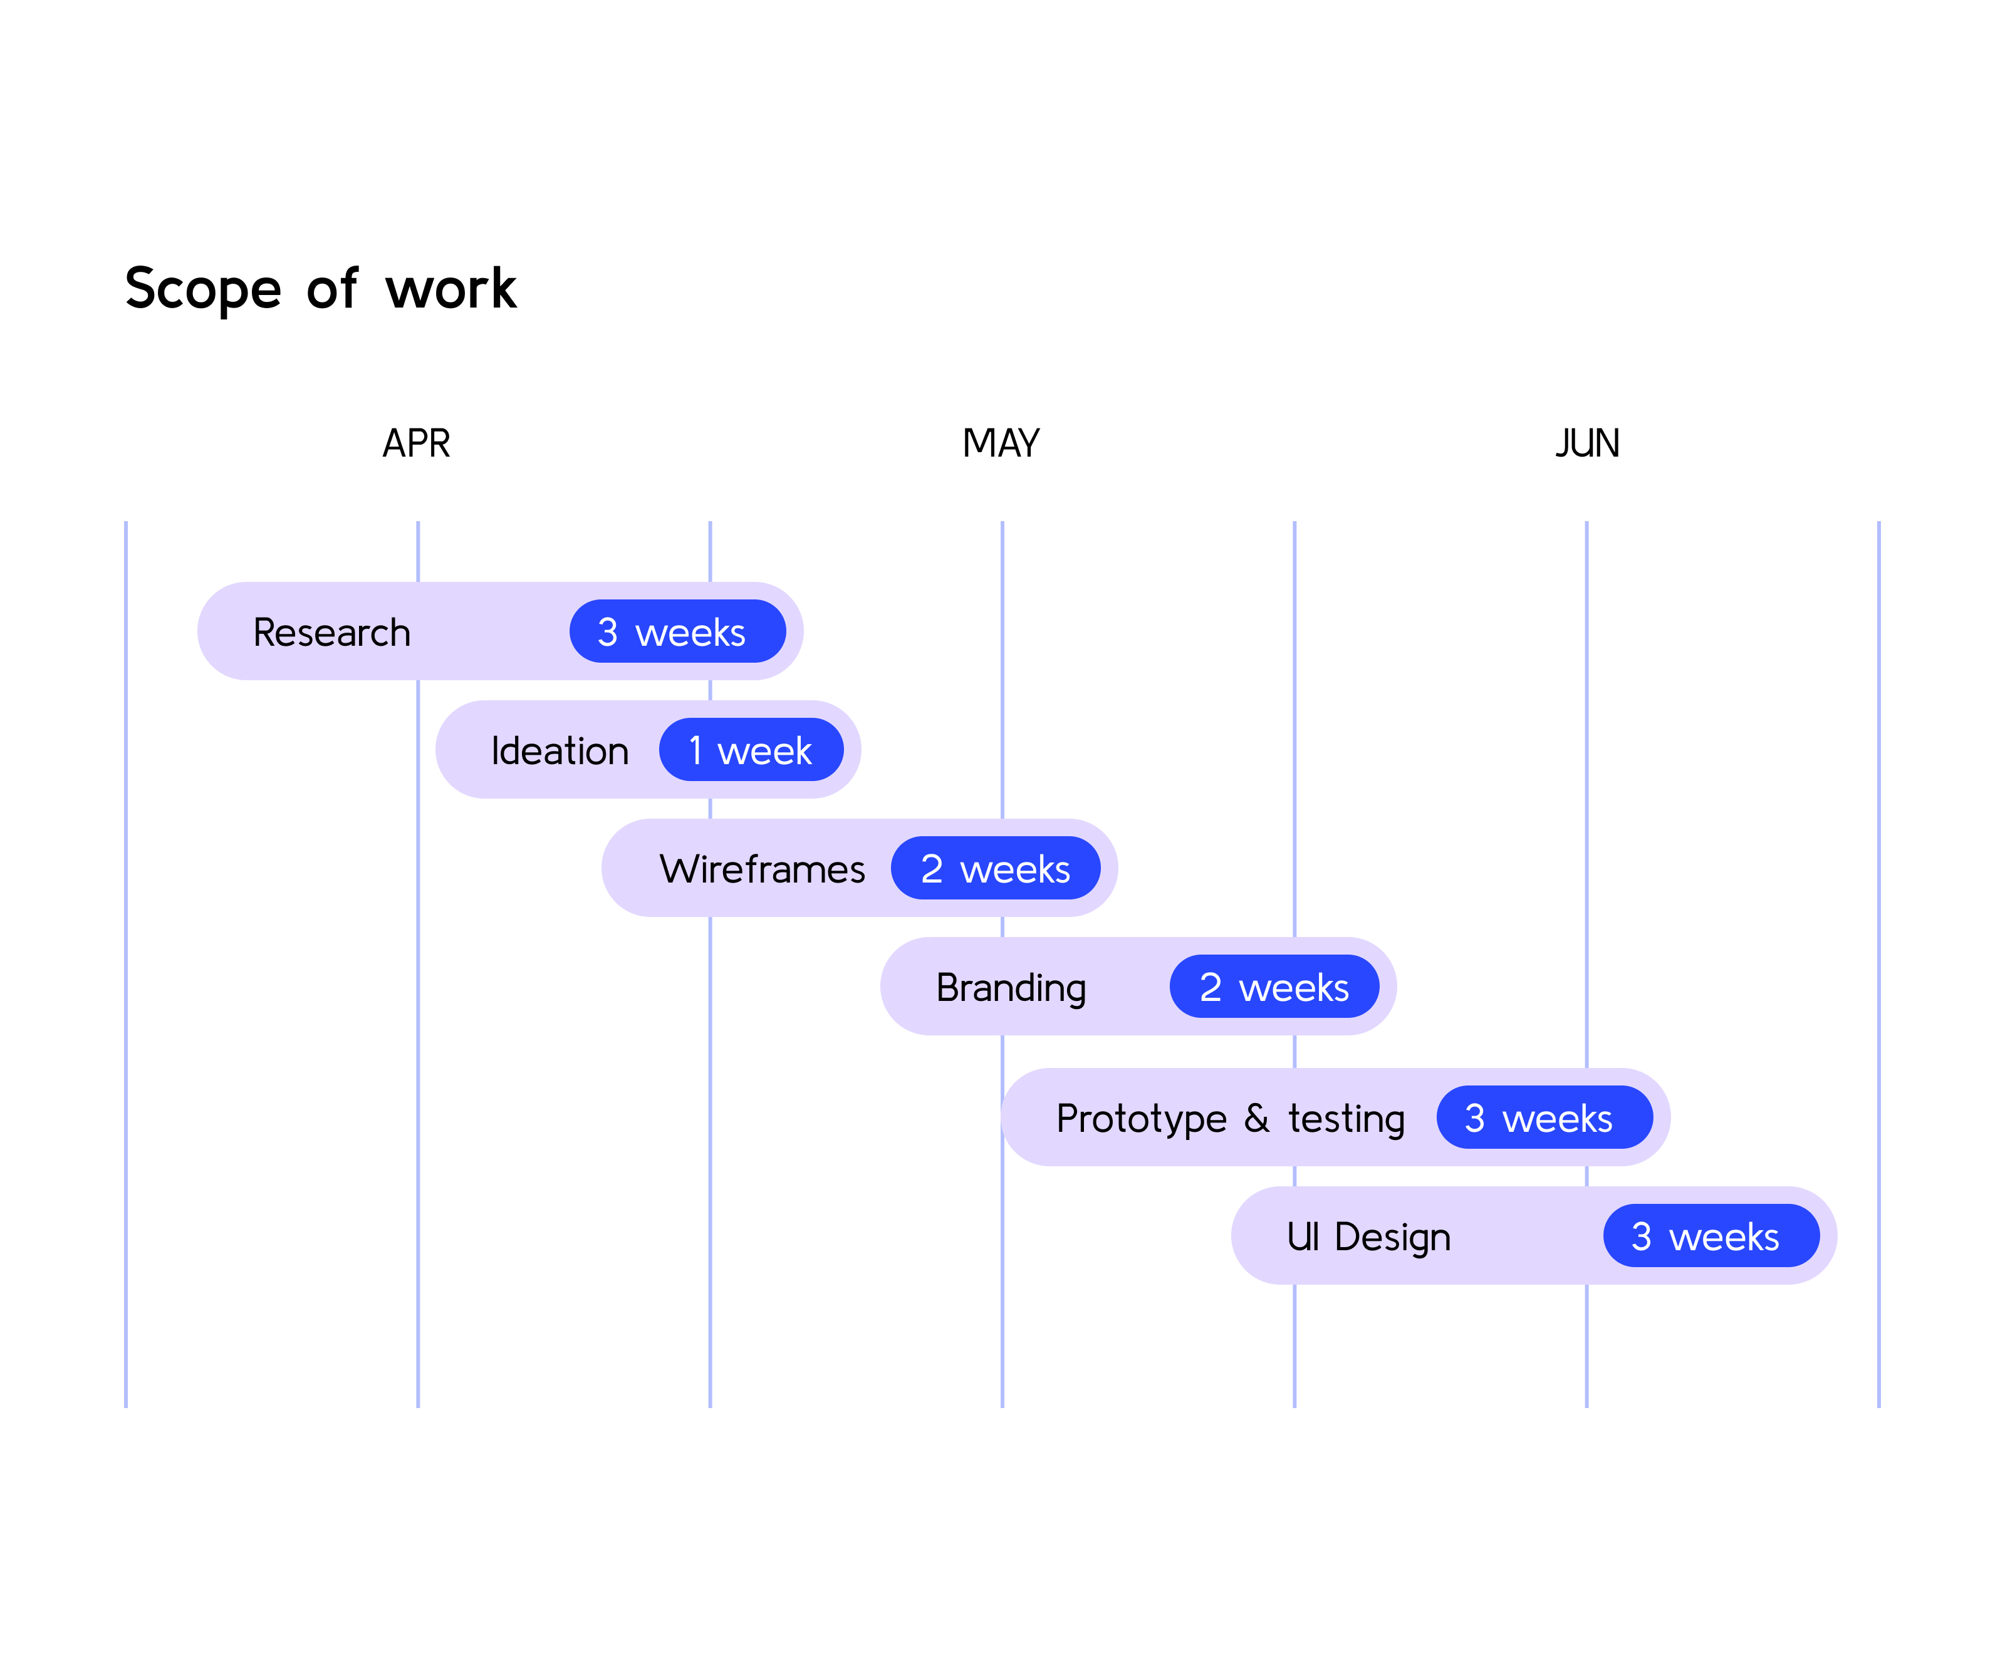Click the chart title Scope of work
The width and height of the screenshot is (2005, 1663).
321,288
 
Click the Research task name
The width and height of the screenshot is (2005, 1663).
331,632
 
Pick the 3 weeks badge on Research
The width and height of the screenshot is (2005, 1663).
678,631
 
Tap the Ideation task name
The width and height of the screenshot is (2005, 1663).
560,750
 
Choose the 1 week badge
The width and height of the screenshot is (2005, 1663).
751,749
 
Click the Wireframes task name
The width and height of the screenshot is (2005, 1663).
762,869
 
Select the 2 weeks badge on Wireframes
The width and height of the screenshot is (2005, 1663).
996,868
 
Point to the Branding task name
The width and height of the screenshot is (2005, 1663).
1011,988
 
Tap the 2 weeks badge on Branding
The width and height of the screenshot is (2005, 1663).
1274,986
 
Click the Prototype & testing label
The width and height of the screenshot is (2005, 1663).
1231,1119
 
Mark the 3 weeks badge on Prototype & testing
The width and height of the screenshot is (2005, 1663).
1545,1117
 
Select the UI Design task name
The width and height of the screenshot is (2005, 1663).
1368,1237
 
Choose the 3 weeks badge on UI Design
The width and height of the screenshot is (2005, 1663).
1712,1235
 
